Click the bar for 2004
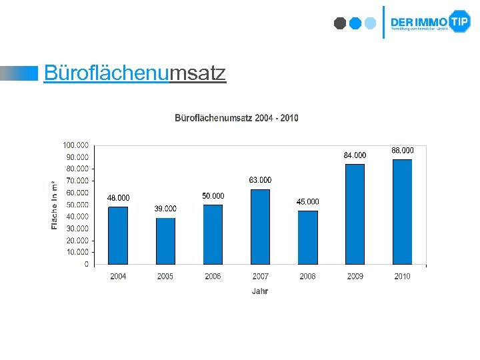pos(118,235)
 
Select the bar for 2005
pos(165,241)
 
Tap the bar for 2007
pos(260,227)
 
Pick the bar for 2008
pos(308,237)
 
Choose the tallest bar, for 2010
pos(402,211)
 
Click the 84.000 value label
pos(355,155)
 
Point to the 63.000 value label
pos(260,180)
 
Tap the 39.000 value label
pos(165,209)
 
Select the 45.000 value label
pos(308,201)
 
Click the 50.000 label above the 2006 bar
pos(213,196)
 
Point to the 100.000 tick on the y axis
pos(75,145)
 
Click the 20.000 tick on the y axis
pos(77,240)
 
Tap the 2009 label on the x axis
pos(355,276)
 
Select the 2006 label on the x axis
pos(213,276)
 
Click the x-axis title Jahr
pos(260,291)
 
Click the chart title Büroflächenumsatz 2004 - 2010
pos(237,118)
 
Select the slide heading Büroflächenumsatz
pos(135,73)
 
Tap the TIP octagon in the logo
pos(459,21)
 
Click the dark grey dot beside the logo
pos(340,23)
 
